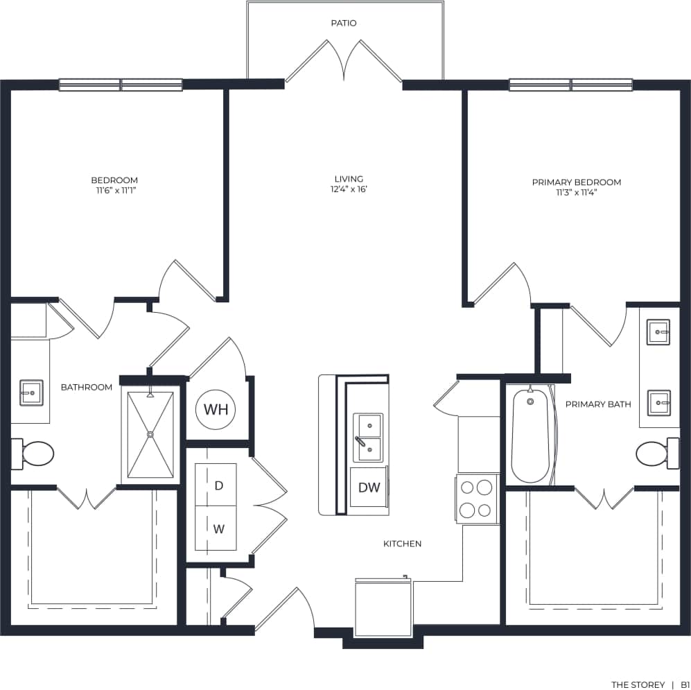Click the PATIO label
click(x=344, y=24)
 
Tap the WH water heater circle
click(x=216, y=409)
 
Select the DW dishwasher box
click(x=369, y=488)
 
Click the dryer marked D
click(x=218, y=485)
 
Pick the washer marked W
click(x=218, y=529)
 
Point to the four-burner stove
click(x=478, y=498)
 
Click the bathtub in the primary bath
click(x=531, y=435)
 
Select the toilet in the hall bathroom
click(x=35, y=454)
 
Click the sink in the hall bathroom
click(x=31, y=393)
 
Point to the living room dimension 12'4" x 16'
click(x=349, y=189)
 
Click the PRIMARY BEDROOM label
click(x=576, y=182)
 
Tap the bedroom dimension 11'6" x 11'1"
click(x=114, y=189)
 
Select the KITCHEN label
click(x=402, y=544)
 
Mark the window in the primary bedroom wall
click(x=570, y=85)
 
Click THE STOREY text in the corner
click(x=638, y=684)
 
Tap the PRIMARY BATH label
click(x=598, y=404)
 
